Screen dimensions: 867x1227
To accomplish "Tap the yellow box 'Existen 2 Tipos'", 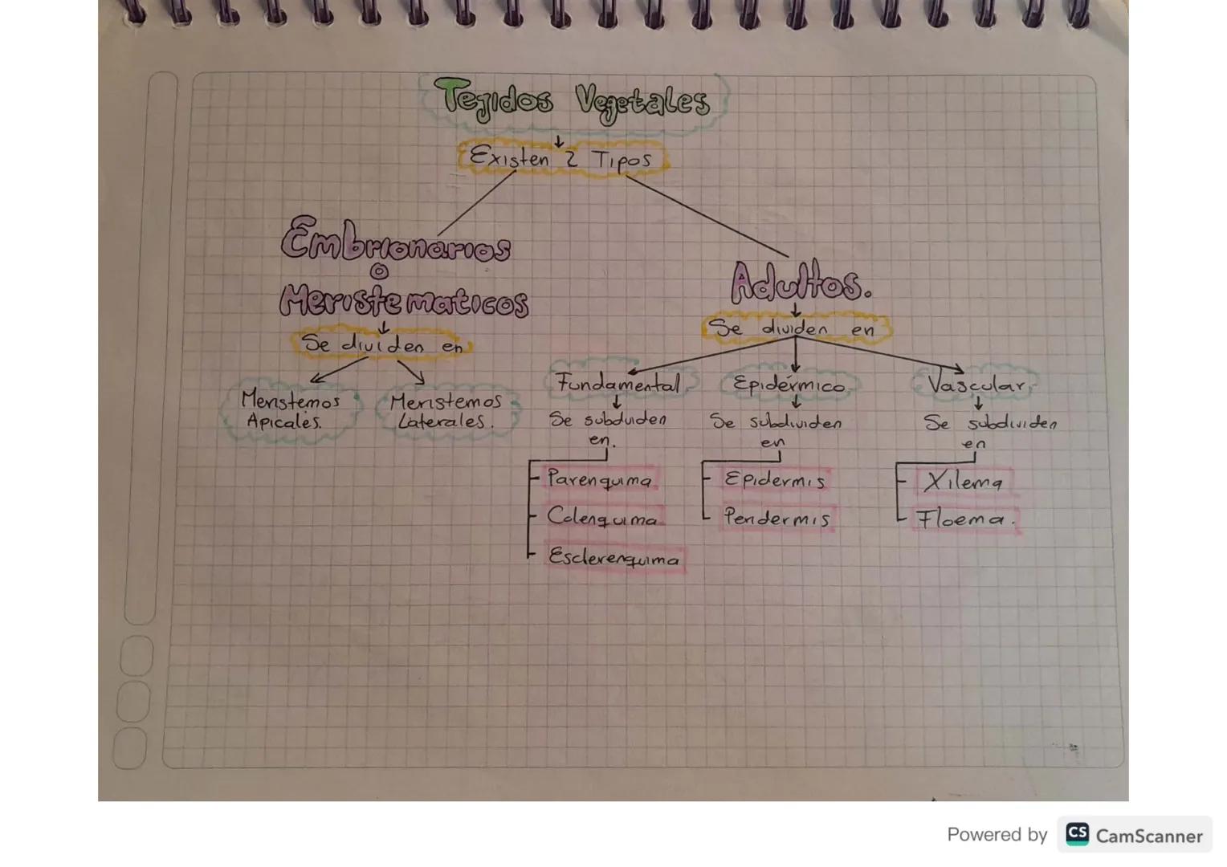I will point(561,158).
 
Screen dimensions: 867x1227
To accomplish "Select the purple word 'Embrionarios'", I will point(395,241).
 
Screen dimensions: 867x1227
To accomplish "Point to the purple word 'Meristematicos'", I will point(404,301).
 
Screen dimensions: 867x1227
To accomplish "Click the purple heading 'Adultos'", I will point(799,283).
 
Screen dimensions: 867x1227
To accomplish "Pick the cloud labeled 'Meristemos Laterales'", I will point(446,410).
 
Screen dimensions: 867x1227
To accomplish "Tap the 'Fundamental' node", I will point(618,384).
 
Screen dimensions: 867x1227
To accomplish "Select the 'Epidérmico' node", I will point(789,385).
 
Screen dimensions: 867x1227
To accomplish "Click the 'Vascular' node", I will point(976,385).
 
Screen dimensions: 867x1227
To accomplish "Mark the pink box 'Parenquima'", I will point(600,480).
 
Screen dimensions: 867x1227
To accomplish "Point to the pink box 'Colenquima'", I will point(603,518).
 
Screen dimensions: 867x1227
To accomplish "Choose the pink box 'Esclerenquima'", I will point(614,558).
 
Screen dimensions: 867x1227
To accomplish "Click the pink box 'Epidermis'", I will point(774,480).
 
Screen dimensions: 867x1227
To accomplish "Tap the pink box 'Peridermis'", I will point(777,518).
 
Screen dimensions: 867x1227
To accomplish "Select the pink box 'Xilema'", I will point(963,482).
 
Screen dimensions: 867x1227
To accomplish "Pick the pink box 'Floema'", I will point(964,519).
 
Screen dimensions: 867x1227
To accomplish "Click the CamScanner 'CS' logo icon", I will point(1077,835).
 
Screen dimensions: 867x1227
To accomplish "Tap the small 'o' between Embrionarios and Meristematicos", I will point(378,272).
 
